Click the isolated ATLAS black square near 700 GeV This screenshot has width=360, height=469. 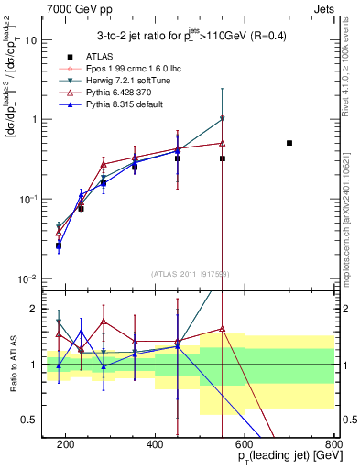(289, 143)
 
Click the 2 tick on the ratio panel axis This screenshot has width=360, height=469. (37, 309)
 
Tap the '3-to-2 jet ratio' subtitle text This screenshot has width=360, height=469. (189, 37)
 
